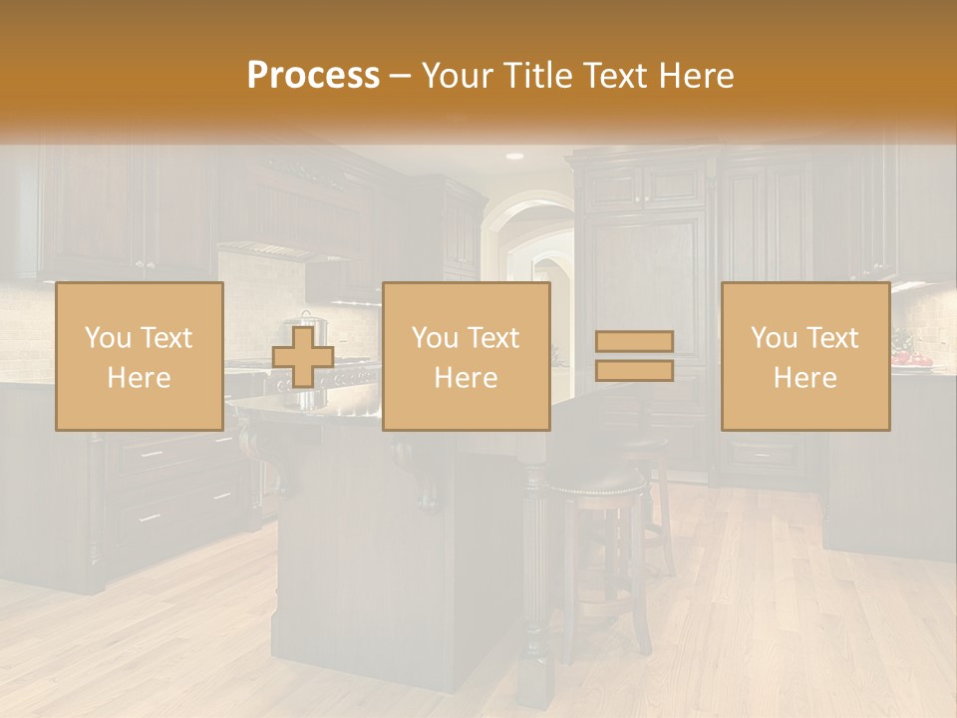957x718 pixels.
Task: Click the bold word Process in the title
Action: click(313, 76)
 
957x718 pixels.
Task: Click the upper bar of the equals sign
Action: click(634, 341)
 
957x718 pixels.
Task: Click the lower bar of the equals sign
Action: click(634, 370)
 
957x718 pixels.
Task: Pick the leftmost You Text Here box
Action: click(140, 356)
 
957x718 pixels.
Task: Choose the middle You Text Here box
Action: click(466, 356)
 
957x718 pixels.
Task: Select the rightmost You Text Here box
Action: click(804, 356)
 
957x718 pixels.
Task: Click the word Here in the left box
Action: click(140, 377)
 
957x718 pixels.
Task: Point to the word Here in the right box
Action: click(804, 377)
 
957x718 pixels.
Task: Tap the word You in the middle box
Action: click(434, 338)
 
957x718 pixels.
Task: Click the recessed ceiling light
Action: click(514, 157)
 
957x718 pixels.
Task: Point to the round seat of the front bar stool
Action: click(596, 484)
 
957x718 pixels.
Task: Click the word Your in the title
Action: click(458, 76)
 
